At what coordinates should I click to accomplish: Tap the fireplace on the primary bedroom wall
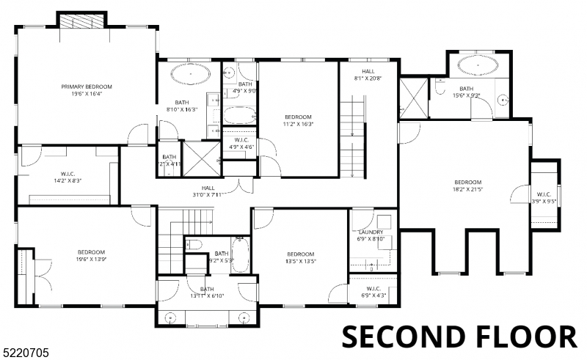click(82, 20)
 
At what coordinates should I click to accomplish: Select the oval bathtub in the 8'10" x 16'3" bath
click(189, 74)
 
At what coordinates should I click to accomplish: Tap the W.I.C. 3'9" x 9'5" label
click(544, 198)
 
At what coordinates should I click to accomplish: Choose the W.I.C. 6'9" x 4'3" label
click(371, 292)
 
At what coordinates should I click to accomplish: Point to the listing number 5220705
click(26, 353)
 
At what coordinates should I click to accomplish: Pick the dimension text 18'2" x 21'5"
click(467, 188)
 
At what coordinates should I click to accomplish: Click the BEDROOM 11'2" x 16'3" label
click(299, 120)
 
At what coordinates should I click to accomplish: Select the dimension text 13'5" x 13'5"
click(301, 260)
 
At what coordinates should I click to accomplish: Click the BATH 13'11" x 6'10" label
click(207, 293)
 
